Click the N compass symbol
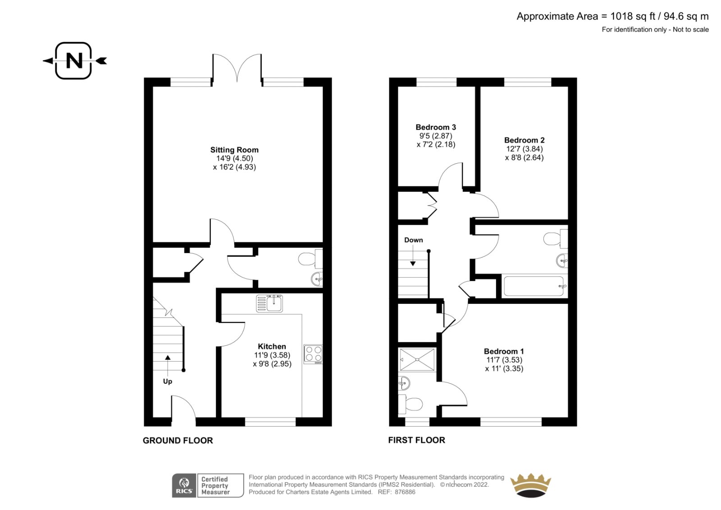coord(74,60)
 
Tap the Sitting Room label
coord(234,150)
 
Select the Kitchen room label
coord(272,346)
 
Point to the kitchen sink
coord(269,303)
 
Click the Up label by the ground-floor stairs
coord(167,381)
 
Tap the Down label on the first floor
coord(414,240)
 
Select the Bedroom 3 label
coord(436,127)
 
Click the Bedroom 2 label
coord(525,140)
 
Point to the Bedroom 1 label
coord(504,351)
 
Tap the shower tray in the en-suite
coord(417,359)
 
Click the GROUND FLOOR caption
coord(178,441)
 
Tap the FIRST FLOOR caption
coord(416,440)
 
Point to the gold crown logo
coord(531,485)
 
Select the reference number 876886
coord(405,492)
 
